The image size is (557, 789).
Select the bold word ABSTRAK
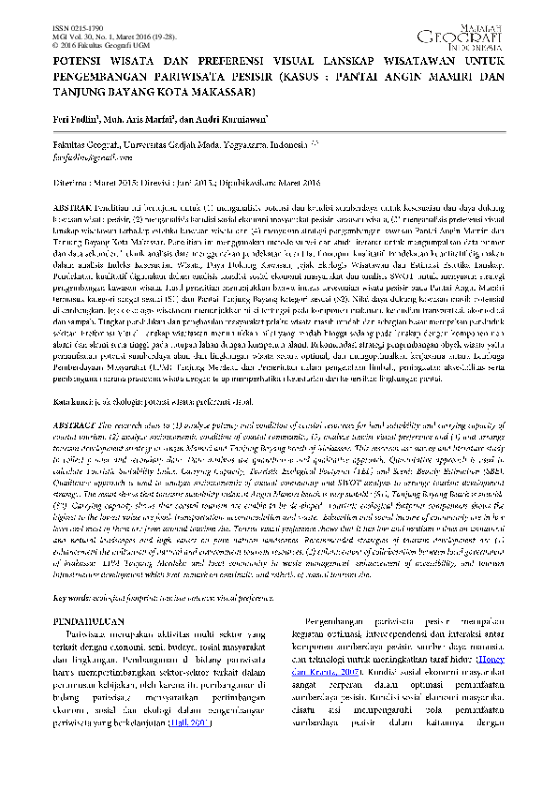pyautogui.click(x=75, y=204)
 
